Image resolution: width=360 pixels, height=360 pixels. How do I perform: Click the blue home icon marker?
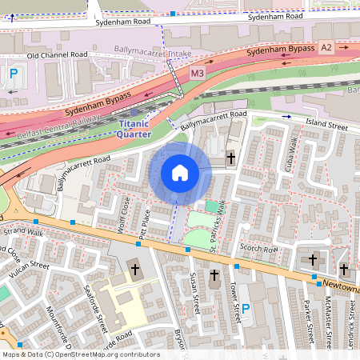pos(180,173)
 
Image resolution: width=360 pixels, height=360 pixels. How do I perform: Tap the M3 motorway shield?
pos(198,74)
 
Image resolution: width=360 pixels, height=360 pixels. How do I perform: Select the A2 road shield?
pos(326,48)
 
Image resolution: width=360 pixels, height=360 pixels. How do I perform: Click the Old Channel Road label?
pos(57,55)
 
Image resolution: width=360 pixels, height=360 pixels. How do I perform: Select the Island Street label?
pos(326,125)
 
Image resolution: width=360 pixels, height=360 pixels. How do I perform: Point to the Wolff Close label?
pos(124,210)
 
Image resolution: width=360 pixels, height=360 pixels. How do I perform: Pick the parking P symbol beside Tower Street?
pos(246,308)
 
